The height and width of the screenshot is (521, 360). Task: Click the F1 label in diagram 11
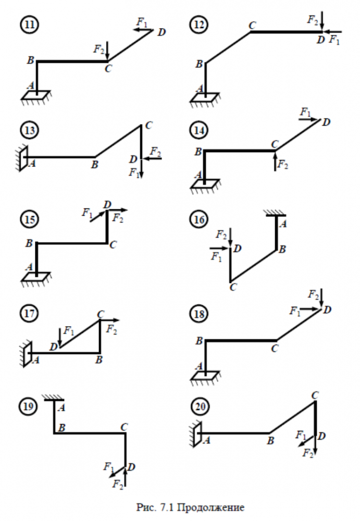142,22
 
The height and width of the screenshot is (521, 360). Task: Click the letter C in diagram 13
149,125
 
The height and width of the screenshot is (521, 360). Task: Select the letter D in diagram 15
107,205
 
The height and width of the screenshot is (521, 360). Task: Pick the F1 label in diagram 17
69,330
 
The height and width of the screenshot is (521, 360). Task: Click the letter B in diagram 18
198,341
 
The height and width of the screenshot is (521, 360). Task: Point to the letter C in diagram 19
125,427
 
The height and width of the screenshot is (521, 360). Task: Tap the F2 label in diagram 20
308,453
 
